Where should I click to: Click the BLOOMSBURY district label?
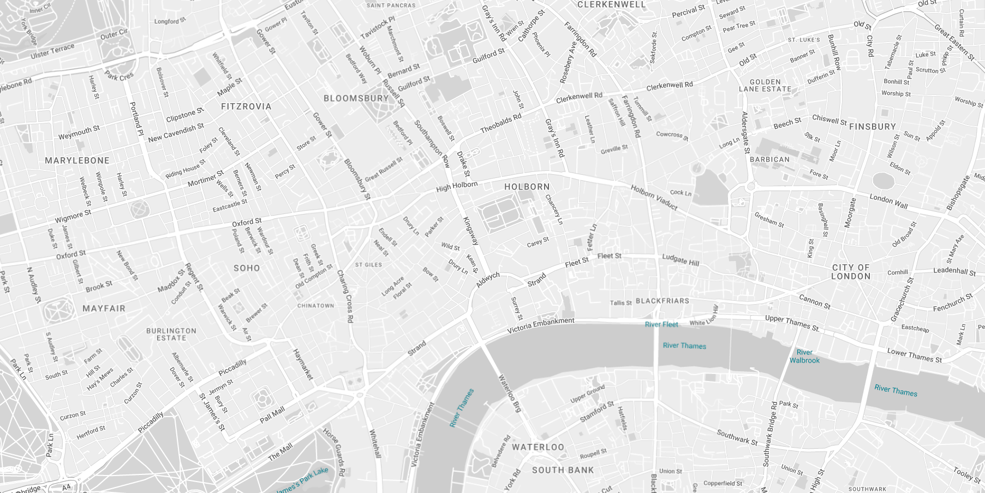pos(356,98)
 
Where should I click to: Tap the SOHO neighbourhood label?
pos(247,268)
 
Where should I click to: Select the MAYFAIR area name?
pos(104,308)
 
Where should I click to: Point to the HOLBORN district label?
pos(527,187)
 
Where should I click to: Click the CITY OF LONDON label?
pos(851,272)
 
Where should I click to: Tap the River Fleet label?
pos(661,324)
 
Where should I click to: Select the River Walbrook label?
pos(804,357)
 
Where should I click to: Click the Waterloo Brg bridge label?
pos(510,394)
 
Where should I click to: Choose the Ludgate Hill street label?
pos(680,259)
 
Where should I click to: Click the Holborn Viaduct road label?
pos(654,198)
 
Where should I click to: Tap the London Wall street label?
pos(888,201)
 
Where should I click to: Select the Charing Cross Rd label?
pos(345,296)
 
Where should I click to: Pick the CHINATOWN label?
pos(315,306)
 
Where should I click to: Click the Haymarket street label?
pos(303,365)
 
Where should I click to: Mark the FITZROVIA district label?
pos(246,106)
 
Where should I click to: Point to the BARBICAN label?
pos(769,159)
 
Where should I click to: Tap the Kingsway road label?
pos(470,231)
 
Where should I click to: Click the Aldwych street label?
pos(487,280)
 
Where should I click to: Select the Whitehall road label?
pos(375,443)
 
